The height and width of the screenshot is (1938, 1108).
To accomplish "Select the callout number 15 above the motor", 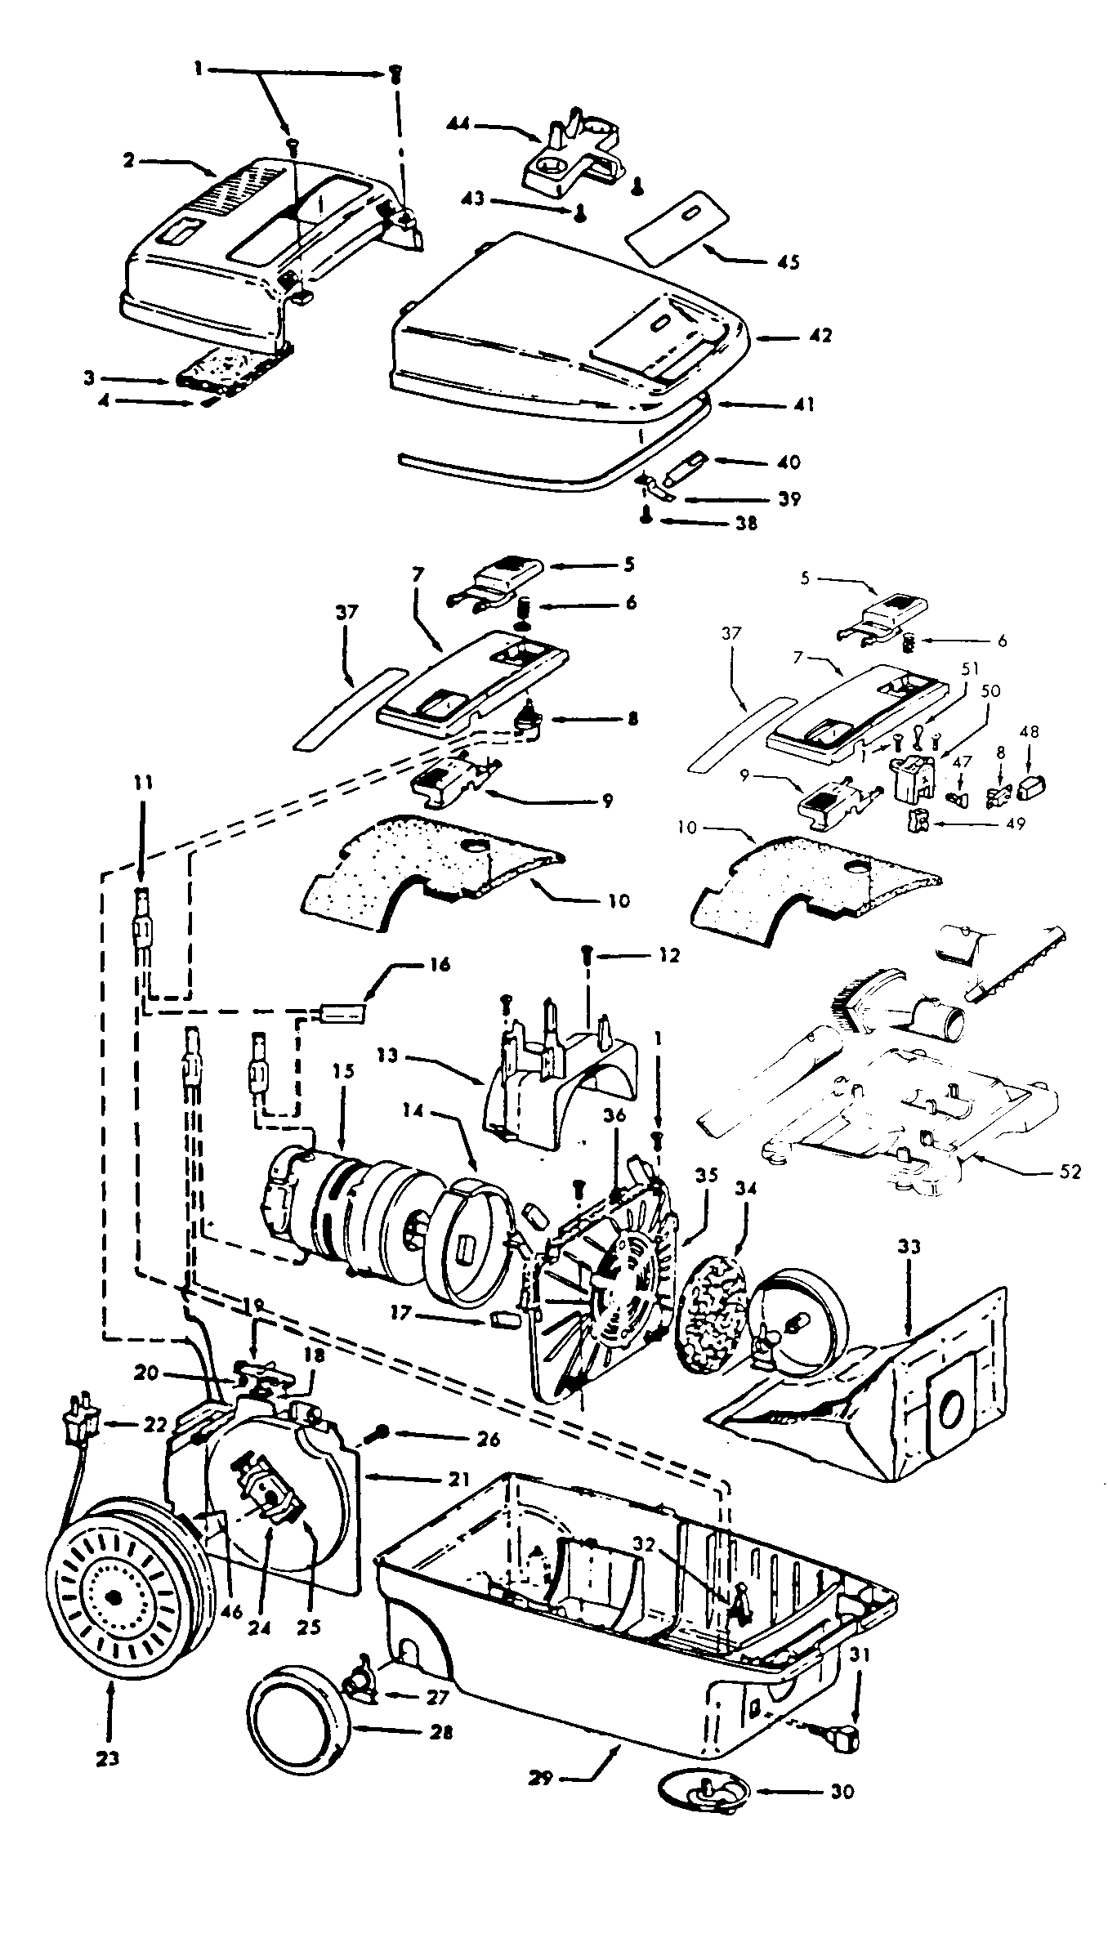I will (344, 1071).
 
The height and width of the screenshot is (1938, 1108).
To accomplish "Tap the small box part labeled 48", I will (1033, 788).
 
